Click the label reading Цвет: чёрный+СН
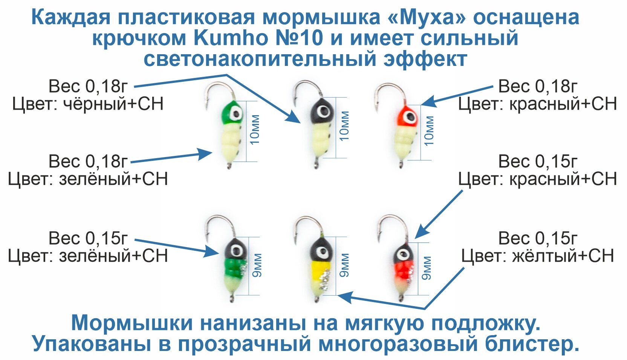(88, 104)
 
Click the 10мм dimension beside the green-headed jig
(255, 130)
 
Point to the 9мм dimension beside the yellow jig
(344, 265)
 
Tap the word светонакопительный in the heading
(260, 59)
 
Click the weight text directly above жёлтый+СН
(538, 238)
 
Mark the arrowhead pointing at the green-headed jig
(205, 153)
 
